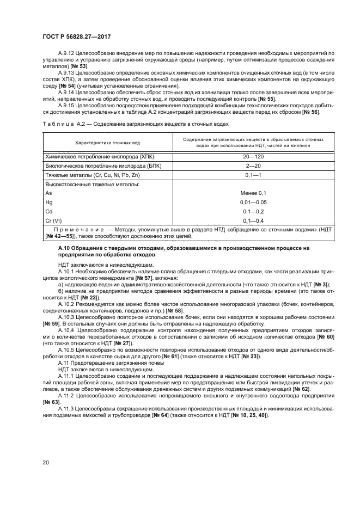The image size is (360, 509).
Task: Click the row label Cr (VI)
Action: click(x=54, y=220)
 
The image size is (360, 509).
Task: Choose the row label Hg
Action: click(x=48, y=202)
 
